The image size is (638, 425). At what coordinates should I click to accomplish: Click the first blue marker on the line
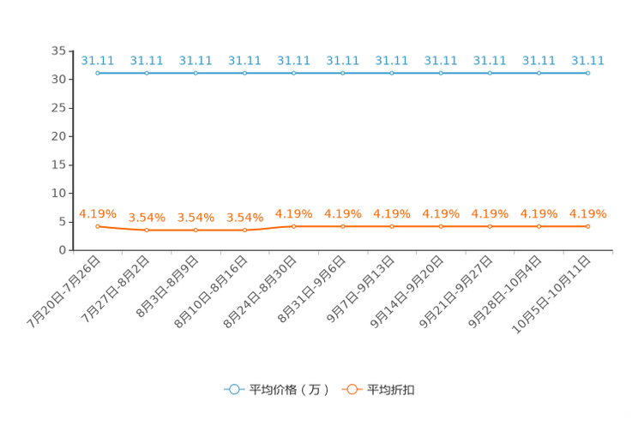[98, 74]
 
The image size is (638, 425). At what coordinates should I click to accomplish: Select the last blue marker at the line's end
[587, 74]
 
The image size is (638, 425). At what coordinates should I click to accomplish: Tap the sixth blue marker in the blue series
[343, 74]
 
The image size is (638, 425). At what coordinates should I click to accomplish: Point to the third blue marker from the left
[196, 74]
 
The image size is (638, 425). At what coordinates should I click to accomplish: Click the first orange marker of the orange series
[98, 227]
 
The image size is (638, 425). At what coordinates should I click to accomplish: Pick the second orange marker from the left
[147, 230]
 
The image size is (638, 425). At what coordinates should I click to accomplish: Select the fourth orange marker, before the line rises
[244, 230]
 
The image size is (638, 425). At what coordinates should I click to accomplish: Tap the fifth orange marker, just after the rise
[294, 227]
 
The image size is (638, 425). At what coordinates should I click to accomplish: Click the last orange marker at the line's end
[587, 227]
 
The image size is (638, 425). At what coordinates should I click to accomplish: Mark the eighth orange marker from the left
[441, 227]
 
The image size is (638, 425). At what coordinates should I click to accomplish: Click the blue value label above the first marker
[98, 60]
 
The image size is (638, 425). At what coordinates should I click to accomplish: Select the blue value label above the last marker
[587, 60]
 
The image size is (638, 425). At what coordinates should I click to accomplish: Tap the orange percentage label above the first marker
[98, 213]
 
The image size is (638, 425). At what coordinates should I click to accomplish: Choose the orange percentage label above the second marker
[147, 218]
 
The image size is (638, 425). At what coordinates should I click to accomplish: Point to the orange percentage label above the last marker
[587, 213]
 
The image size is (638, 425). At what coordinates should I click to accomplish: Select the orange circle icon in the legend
[352, 389]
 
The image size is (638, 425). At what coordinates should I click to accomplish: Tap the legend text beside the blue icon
[288, 390]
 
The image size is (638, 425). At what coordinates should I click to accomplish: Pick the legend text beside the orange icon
[392, 390]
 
